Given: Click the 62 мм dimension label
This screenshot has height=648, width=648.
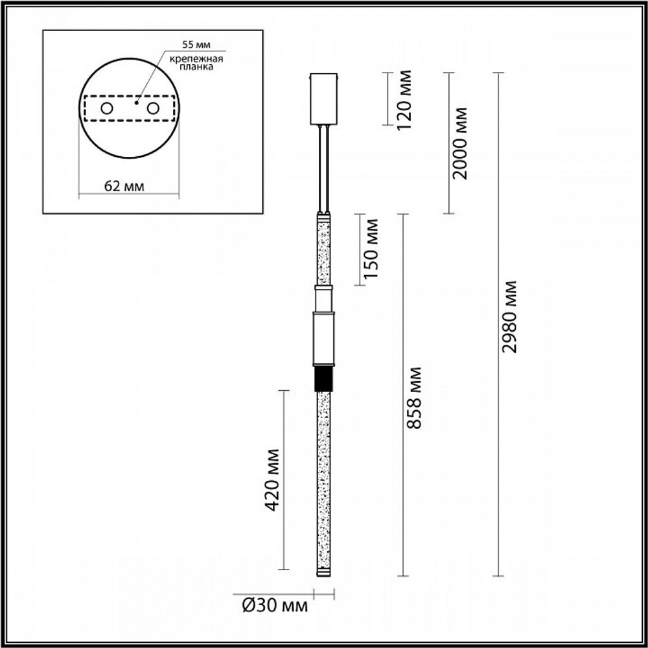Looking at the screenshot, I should click(x=124, y=187).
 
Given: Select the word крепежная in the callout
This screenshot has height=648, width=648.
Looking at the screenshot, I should click(x=196, y=60).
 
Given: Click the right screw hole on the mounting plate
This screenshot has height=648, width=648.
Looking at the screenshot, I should click(x=153, y=108).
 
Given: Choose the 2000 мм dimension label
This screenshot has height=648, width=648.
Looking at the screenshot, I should click(x=460, y=143).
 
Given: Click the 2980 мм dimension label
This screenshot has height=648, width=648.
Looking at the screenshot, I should click(x=511, y=316).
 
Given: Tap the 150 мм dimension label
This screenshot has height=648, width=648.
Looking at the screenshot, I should click(x=371, y=249).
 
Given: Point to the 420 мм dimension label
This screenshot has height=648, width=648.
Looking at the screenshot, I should click(x=273, y=480).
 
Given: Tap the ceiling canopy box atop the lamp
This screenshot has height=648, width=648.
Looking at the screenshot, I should click(x=324, y=98).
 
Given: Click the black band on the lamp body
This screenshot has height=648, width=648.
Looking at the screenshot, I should click(x=323, y=380).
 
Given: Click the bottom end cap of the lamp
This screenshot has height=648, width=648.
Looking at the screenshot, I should click(x=323, y=572).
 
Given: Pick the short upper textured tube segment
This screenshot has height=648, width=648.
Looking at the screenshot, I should click(x=323, y=249).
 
